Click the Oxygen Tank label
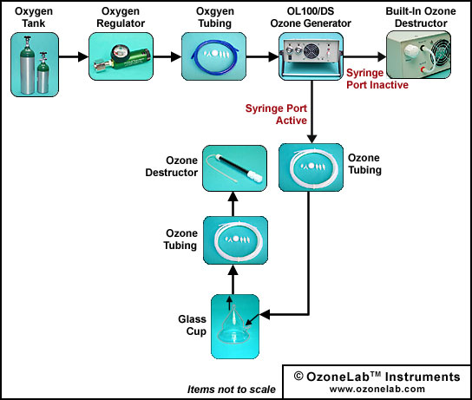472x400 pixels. [x=34, y=17]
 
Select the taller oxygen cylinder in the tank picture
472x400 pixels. [x=27, y=65]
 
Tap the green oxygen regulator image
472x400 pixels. [x=121, y=56]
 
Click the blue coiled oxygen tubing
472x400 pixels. [x=214, y=57]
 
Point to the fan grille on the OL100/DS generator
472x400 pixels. [x=311, y=51]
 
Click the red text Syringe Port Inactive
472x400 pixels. [x=377, y=79]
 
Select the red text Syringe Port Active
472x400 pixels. [x=276, y=115]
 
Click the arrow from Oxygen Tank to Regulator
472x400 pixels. [x=74, y=56]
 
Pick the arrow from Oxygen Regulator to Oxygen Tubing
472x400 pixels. [x=167, y=56]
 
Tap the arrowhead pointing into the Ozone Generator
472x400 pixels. [x=273, y=56]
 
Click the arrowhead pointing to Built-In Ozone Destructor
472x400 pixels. [x=382, y=56]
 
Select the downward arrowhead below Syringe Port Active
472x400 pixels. [x=311, y=139]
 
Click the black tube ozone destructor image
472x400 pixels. [x=234, y=168]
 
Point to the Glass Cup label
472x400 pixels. [x=192, y=325]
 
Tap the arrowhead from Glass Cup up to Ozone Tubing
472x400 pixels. [x=233, y=270]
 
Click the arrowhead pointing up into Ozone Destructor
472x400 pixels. [x=233, y=197]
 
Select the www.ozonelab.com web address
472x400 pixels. [x=377, y=389]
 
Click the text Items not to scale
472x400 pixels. [x=231, y=390]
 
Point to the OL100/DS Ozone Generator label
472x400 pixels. [x=311, y=17]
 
